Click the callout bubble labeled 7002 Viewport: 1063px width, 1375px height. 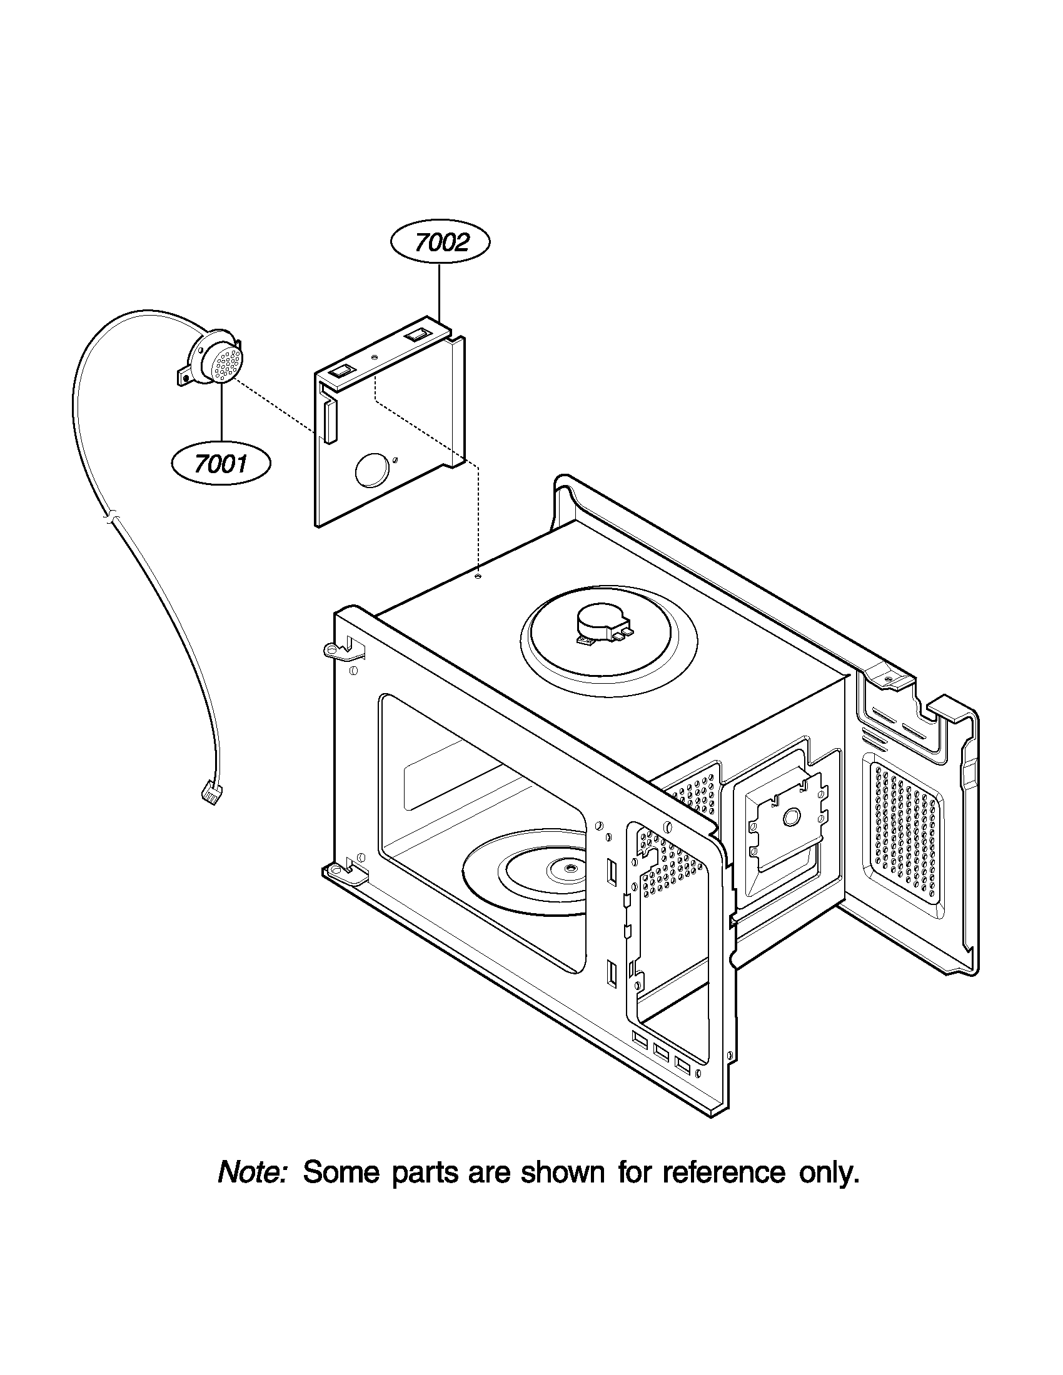[x=440, y=242]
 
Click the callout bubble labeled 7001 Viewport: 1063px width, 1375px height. [x=220, y=464]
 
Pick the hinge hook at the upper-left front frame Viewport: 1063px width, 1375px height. [x=334, y=649]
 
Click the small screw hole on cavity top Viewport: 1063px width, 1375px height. [x=478, y=576]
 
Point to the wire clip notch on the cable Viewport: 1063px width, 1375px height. [x=111, y=518]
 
